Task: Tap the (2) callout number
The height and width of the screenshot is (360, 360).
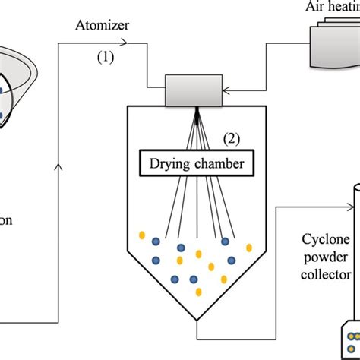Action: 232,138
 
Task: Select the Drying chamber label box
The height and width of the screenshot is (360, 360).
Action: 197,162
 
